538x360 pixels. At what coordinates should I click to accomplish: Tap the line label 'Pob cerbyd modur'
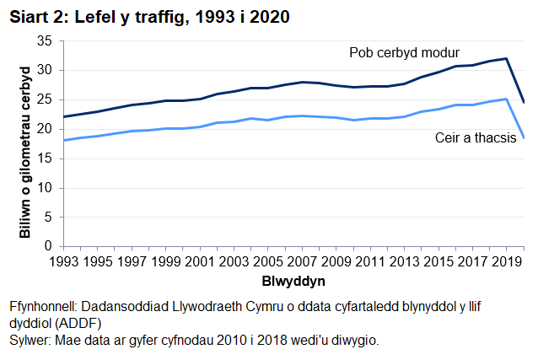tap(404, 53)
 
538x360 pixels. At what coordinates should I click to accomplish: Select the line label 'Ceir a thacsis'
tap(475, 138)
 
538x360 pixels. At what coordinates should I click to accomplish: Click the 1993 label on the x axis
tap(66, 261)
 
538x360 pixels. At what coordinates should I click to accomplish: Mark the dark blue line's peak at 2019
tap(506, 58)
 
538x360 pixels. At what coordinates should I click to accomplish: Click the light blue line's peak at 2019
tap(506, 99)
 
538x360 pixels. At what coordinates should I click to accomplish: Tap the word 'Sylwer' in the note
tap(30, 341)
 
